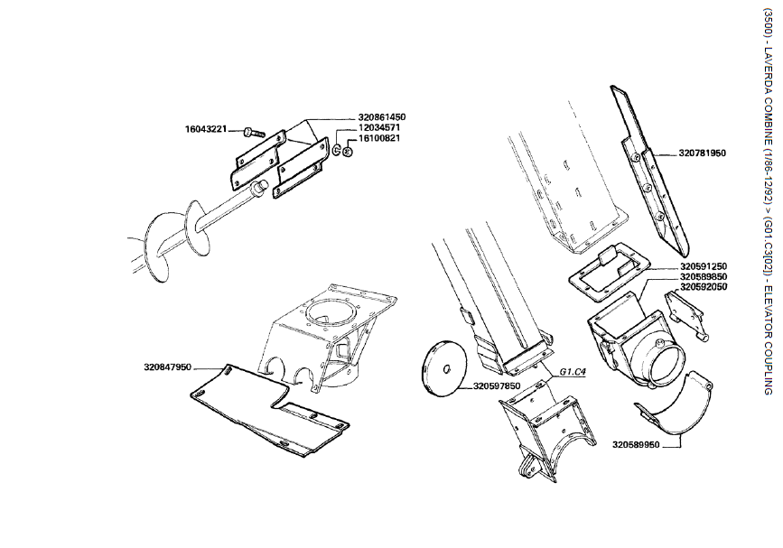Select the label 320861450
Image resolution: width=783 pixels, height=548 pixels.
[x=382, y=117]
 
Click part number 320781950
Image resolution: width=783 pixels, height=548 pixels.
[x=703, y=153]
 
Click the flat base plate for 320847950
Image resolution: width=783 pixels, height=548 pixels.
[x=271, y=411]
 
